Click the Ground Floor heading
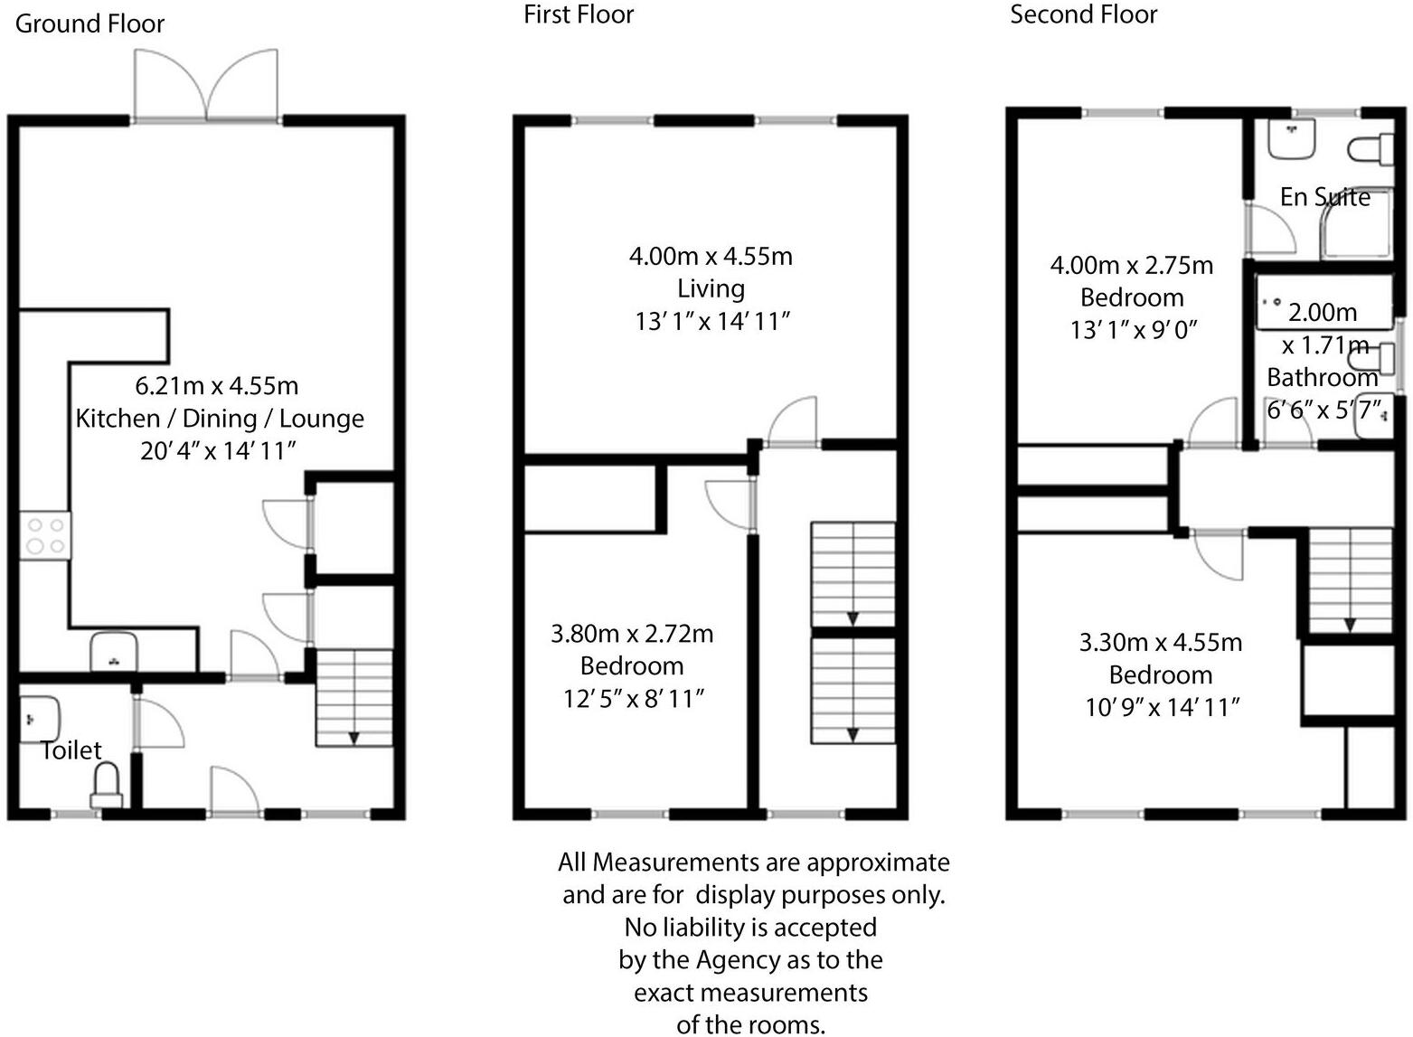pos(89,24)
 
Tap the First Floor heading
pos(579,14)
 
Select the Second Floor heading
pos(1083,14)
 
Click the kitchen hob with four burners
pos(45,535)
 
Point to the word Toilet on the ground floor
pos(71,749)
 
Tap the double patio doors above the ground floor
pos(206,85)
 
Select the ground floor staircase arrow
pos(353,737)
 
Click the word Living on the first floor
pos(711,288)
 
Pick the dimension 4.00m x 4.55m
pos(711,256)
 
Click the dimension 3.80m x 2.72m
pos(632,634)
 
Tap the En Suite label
pos(1324,197)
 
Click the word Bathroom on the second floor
pos(1322,377)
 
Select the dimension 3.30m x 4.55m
pos(1160,643)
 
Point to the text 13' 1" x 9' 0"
pos(1133,330)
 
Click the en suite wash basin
pos(1291,138)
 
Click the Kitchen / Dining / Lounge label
pos(220,419)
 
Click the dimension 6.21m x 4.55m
pos(217,386)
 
